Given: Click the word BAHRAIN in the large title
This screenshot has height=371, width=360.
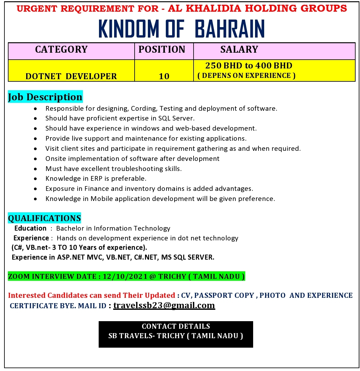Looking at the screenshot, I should tap(230, 29).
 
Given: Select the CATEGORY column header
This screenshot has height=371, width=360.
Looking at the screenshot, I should tap(61, 50).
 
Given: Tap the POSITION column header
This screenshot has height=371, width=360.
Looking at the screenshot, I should tap(162, 50).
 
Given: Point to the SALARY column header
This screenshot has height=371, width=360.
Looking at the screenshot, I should tap(239, 50).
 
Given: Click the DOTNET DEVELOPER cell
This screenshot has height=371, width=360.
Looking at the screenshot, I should tap(71, 76).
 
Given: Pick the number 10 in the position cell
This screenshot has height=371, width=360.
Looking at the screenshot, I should tap(164, 76).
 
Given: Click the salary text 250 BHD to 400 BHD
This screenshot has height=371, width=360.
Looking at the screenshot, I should tap(249, 66).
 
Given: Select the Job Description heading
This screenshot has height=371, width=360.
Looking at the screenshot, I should tap(45, 97).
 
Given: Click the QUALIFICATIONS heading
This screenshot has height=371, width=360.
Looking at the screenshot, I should tap(44, 218).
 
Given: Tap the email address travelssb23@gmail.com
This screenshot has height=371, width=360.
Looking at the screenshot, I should tap(164, 305).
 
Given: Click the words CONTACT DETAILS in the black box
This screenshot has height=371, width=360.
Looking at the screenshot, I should tap(176, 326).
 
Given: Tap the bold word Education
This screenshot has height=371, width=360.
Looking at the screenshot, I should tap(30, 228).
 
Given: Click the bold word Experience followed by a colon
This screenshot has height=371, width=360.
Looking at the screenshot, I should tap(31, 238).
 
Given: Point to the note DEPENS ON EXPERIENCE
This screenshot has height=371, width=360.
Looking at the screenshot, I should tap(247, 76).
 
